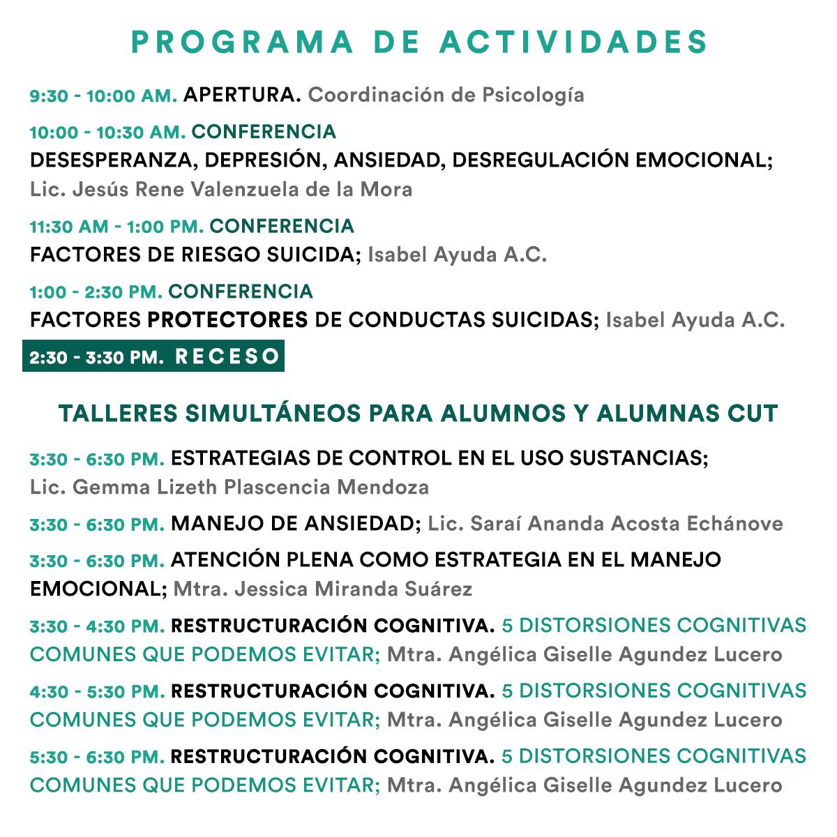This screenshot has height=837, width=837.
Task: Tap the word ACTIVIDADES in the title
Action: coord(573,42)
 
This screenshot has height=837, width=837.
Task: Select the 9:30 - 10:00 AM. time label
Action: coord(103,96)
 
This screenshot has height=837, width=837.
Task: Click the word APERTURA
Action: coord(241,95)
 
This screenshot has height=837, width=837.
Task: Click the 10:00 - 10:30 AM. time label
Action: coord(107,133)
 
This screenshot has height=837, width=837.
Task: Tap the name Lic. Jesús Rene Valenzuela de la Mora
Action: coord(221,189)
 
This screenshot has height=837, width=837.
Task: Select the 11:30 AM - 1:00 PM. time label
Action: coord(116,227)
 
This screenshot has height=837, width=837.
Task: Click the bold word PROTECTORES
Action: coord(227,320)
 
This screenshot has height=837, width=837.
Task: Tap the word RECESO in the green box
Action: coord(227,357)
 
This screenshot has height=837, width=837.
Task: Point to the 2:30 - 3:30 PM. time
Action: coord(96,358)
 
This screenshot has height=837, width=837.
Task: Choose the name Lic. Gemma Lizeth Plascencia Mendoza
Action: coord(229,487)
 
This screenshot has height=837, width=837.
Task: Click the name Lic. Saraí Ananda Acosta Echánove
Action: coord(605,524)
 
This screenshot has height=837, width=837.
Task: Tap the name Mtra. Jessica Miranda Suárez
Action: coord(322,589)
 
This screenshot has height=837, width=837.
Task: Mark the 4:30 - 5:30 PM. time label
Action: coord(97,692)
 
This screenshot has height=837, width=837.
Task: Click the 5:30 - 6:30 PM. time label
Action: coord(97,757)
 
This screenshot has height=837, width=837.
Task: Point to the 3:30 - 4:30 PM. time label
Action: coord(97,626)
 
